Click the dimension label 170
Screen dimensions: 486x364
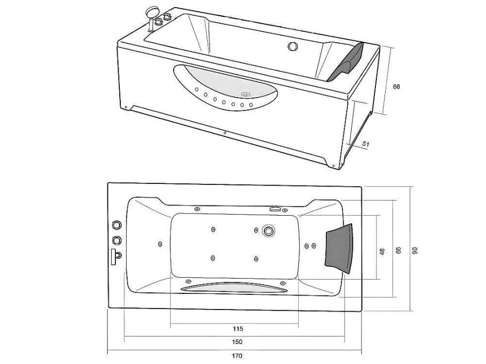[x=237, y=355]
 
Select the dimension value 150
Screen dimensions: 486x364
[x=237, y=342]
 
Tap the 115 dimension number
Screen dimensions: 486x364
[x=237, y=329]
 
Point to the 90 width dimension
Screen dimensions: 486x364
[x=415, y=250]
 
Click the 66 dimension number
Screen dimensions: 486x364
[x=399, y=250]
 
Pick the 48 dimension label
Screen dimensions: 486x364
[x=382, y=251]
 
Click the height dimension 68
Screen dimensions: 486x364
[x=396, y=86]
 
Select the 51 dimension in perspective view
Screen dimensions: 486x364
[x=366, y=144]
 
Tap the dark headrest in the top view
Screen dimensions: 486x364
[x=339, y=249]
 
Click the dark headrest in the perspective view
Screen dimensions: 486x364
[x=346, y=63]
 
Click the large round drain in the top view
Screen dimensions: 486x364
[x=268, y=231]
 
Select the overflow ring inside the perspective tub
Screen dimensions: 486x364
[x=292, y=46]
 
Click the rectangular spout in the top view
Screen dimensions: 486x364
[x=114, y=257]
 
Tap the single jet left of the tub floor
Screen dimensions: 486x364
[x=160, y=244]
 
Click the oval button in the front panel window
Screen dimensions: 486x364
[x=246, y=93]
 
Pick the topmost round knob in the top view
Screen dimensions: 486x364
[x=117, y=224]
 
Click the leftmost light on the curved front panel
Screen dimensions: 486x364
[x=196, y=90]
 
